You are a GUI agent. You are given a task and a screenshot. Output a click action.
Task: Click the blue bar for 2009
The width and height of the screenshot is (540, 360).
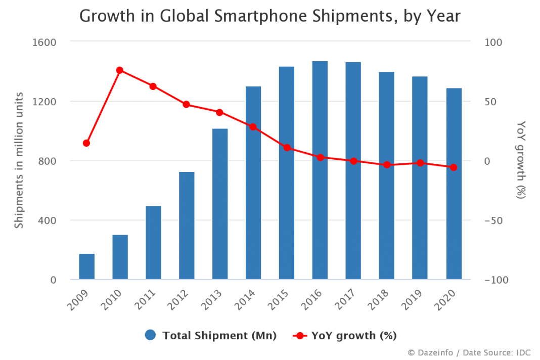click(86, 266)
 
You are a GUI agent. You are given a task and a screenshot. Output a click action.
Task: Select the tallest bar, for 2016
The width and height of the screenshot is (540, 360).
click(320, 170)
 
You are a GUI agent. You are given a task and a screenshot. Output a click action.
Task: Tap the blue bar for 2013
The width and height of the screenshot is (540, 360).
click(220, 204)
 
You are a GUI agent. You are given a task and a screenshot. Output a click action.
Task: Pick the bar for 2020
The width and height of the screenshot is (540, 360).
click(454, 184)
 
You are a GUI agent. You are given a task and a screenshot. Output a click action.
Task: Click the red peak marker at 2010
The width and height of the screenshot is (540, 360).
click(120, 70)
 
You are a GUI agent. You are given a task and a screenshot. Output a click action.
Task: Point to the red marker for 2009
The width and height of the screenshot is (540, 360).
click(86, 143)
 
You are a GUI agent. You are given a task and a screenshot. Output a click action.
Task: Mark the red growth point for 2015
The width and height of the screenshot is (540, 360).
click(287, 148)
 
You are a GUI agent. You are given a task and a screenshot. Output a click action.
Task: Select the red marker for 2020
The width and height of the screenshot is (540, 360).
click(454, 167)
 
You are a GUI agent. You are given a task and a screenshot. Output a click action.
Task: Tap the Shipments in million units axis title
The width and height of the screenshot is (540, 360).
click(19, 160)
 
